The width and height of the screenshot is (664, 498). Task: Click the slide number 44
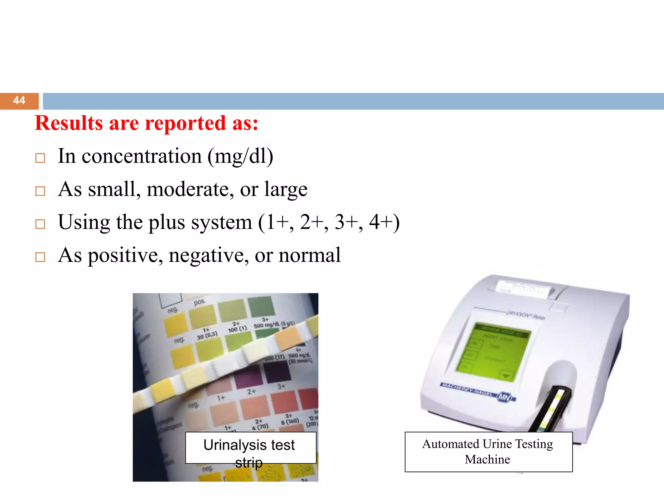(19, 101)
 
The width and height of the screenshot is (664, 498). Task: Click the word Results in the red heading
(69, 124)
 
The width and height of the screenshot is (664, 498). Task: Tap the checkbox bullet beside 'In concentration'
(40, 158)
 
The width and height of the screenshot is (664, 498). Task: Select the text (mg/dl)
(240, 157)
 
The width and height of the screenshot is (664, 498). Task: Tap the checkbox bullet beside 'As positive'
(40, 257)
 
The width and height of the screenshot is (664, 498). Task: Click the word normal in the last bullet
(310, 255)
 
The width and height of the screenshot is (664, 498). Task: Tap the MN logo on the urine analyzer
(504, 397)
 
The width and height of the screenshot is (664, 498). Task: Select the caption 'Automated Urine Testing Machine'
(488, 452)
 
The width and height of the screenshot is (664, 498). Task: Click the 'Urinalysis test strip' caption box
(250, 448)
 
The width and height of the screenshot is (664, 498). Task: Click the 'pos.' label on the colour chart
(199, 302)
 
